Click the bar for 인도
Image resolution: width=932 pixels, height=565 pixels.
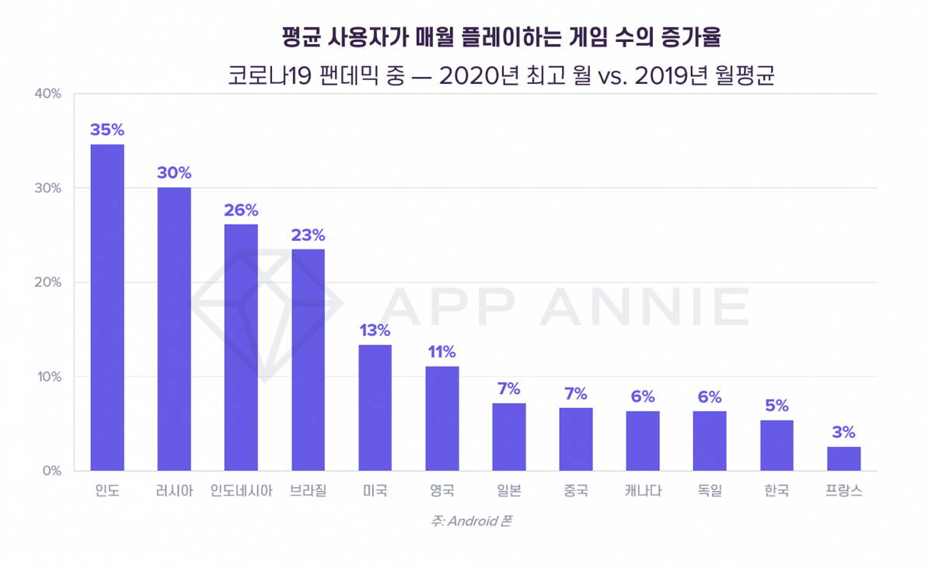pos(107,307)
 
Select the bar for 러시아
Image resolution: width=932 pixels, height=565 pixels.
pos(174,328)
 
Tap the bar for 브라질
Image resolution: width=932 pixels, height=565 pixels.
pos(308,359)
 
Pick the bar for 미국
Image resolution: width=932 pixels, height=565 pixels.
pos(375,407)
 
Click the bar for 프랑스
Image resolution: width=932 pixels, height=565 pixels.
pos(843,459)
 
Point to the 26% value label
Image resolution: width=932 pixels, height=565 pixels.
pos(241,211)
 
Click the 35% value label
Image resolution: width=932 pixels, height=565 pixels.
pos(107,130)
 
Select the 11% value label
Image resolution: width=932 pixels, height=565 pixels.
pos(442,352)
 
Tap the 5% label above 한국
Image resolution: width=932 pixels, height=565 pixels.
pos(777,406)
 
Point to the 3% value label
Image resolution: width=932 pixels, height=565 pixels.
pos(843,432)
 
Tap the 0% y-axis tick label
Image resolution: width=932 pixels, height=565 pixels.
pos(51,471)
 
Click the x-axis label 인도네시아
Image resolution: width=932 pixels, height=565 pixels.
pos(241,492)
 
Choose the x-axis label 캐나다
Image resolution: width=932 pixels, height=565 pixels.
pos(643,492)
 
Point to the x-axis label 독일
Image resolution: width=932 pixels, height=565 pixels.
pos(710,492)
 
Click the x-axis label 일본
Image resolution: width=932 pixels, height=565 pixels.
pos(509,492)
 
